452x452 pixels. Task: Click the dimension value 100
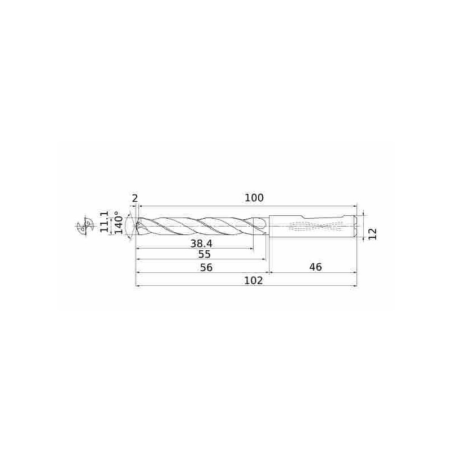coord(254,198)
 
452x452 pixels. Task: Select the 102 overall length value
coord(254,280)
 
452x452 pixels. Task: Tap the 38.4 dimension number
coord(201,244)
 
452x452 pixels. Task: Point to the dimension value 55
coord(205,255)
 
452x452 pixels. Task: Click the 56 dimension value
coord(206,267)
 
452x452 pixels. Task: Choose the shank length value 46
coord(315,267)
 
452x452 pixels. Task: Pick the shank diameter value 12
coord(372,234)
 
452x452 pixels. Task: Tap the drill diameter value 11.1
coord(104,221)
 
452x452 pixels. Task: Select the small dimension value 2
coord(134,199)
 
